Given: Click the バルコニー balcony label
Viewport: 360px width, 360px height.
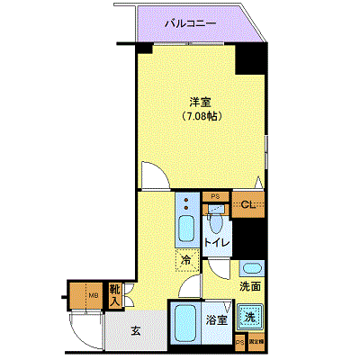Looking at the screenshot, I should coord(190,24).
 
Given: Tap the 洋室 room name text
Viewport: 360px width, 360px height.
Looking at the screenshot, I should coord(201,101).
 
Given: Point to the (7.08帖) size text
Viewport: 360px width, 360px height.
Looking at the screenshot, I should coord(200,116).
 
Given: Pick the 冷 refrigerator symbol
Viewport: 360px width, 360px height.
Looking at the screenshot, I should coord(185,261).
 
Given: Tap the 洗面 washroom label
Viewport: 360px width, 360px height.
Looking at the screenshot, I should coord(251,287).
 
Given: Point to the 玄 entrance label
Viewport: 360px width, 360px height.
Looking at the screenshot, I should coord(136,331).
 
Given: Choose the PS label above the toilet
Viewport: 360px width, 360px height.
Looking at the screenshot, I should coord(214,195).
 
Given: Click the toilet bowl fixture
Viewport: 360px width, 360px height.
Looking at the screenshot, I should coord(216,221).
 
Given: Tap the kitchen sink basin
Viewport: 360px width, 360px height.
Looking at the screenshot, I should coord(187,228).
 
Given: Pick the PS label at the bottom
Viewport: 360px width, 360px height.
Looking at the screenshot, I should coord(239,343).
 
